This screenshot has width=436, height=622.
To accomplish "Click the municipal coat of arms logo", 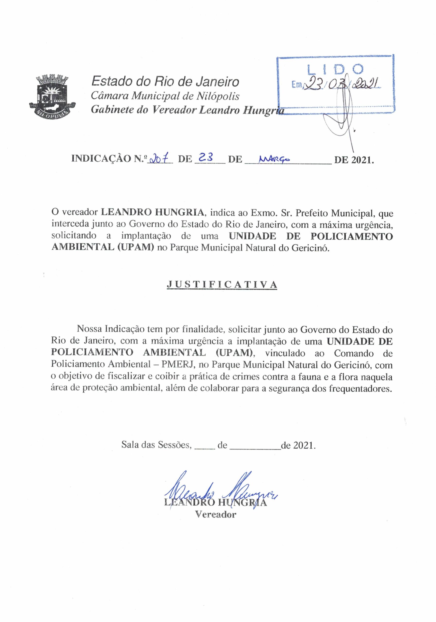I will (x=52, y=95).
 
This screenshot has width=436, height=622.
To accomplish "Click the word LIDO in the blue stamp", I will (x=335, y=69).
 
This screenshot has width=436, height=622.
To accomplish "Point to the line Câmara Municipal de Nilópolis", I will (x=165, y=96).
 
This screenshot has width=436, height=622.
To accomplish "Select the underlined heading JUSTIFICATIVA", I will (x=222, y=284).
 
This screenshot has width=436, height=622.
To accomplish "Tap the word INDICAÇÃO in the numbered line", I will (x=101, y=159).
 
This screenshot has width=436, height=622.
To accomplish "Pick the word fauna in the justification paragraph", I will (x=317, y=377).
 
